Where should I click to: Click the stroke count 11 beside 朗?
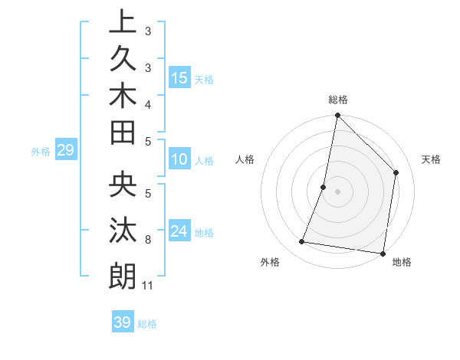(148, 286)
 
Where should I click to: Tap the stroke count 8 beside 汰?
(148, 240)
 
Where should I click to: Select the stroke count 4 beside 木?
(148, 103)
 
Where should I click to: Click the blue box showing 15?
(179, 78)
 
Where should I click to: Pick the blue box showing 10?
(179, 160)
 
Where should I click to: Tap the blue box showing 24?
(179, 232)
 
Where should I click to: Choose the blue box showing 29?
(65, 151)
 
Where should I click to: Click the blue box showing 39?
(122, 322)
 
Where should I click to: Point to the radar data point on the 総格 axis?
(337, 116)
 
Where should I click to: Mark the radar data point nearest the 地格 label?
(383, 253)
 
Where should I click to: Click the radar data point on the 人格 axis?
(324, 187)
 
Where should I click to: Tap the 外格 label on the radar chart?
(270, 262)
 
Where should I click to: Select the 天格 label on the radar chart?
(432, 159)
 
